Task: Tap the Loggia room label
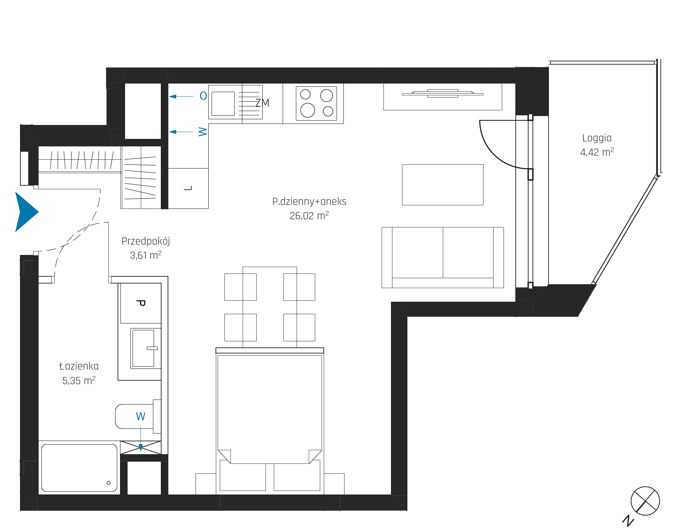(x=597, y=139)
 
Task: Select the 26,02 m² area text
(x=309, y=216)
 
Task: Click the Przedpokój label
(x=146, y=241)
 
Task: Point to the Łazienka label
(x=79, y=366)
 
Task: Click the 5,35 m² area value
(x=79, y=381)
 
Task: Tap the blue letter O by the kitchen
(x=203, y=96)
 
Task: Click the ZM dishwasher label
(x=262, y=103)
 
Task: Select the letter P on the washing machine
(x=141, y=303)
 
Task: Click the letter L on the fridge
(x=188, y=188)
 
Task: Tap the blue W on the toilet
(x=140, y=416)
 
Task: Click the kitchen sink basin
(x=223, y=104)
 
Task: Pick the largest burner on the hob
(x=307, y=110)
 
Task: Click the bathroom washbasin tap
(x=152, y=348)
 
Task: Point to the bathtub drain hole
(x=109, y=483)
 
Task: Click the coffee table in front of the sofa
(x=443, y=185)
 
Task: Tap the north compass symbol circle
(x=645, y=501)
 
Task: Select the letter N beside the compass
(x=628, y=521)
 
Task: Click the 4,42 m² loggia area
(x=597, y=152)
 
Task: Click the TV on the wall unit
(x=443, y=94)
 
